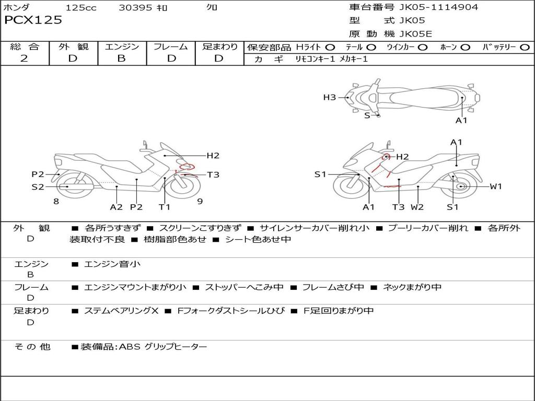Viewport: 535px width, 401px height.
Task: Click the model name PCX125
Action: point(33,20)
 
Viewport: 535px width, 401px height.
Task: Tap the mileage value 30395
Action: point(135,7)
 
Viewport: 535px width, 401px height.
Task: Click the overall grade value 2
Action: point(24,58)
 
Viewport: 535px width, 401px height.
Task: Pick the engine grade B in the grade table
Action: point(121,58)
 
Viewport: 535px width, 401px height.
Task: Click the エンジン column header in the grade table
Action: point(122,46)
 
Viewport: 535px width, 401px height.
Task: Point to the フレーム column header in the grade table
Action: point(170,46)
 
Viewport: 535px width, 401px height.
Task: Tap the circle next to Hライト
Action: point(330,47)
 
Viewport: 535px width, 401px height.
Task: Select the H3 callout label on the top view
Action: point(329,97)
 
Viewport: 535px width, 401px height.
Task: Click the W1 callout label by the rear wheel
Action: point(495,186)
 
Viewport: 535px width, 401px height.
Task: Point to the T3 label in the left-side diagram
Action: point(213,174)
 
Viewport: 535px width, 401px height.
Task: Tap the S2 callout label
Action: point(38,186)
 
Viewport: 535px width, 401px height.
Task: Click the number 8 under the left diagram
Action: point(56,201)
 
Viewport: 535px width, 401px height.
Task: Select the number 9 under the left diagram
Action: point(200,201)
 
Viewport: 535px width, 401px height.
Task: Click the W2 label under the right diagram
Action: point(417,207)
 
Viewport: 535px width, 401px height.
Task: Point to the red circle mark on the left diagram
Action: point(187,167)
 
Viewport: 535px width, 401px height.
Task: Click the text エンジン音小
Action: point(112,264)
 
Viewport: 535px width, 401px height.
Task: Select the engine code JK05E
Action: point(416,34)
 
